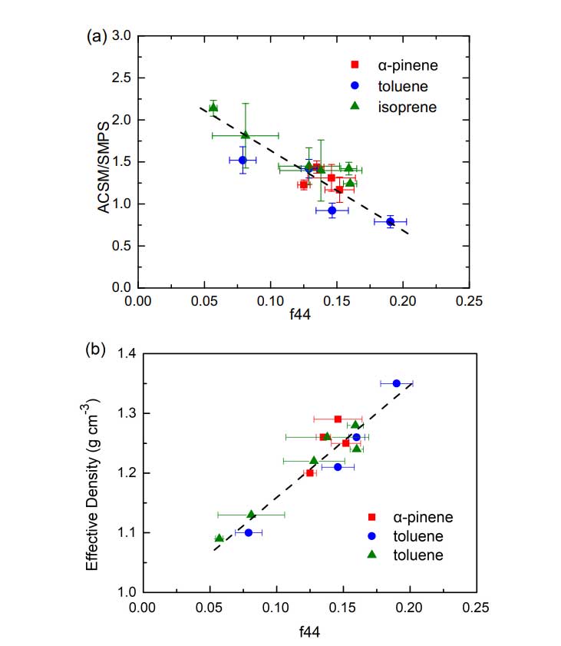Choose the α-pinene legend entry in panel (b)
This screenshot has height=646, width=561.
pyautogui.click(x=406, y=517)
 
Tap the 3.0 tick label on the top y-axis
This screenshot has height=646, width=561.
pyautogui.click(x=122, y=36)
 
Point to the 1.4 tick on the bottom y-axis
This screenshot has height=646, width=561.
pyautogui.click(x=126, y=354)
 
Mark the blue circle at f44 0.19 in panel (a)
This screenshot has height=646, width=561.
pyautogui.click(x=390, y=221)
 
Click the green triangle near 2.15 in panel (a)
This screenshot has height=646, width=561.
pyautogui.click(x=213, y=108)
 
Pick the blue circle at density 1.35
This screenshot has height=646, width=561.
pyautogui.click(x=397, y=383)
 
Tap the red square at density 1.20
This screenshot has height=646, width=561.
pyautogui.click(x=310, y=473)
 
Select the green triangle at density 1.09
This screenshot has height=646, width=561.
pyautogui.click(x=219, y=538)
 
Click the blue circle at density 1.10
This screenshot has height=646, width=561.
pyautogui.click(x=249, y=532)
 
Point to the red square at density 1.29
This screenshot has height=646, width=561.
pyautogui.click(x=338, y=419)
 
